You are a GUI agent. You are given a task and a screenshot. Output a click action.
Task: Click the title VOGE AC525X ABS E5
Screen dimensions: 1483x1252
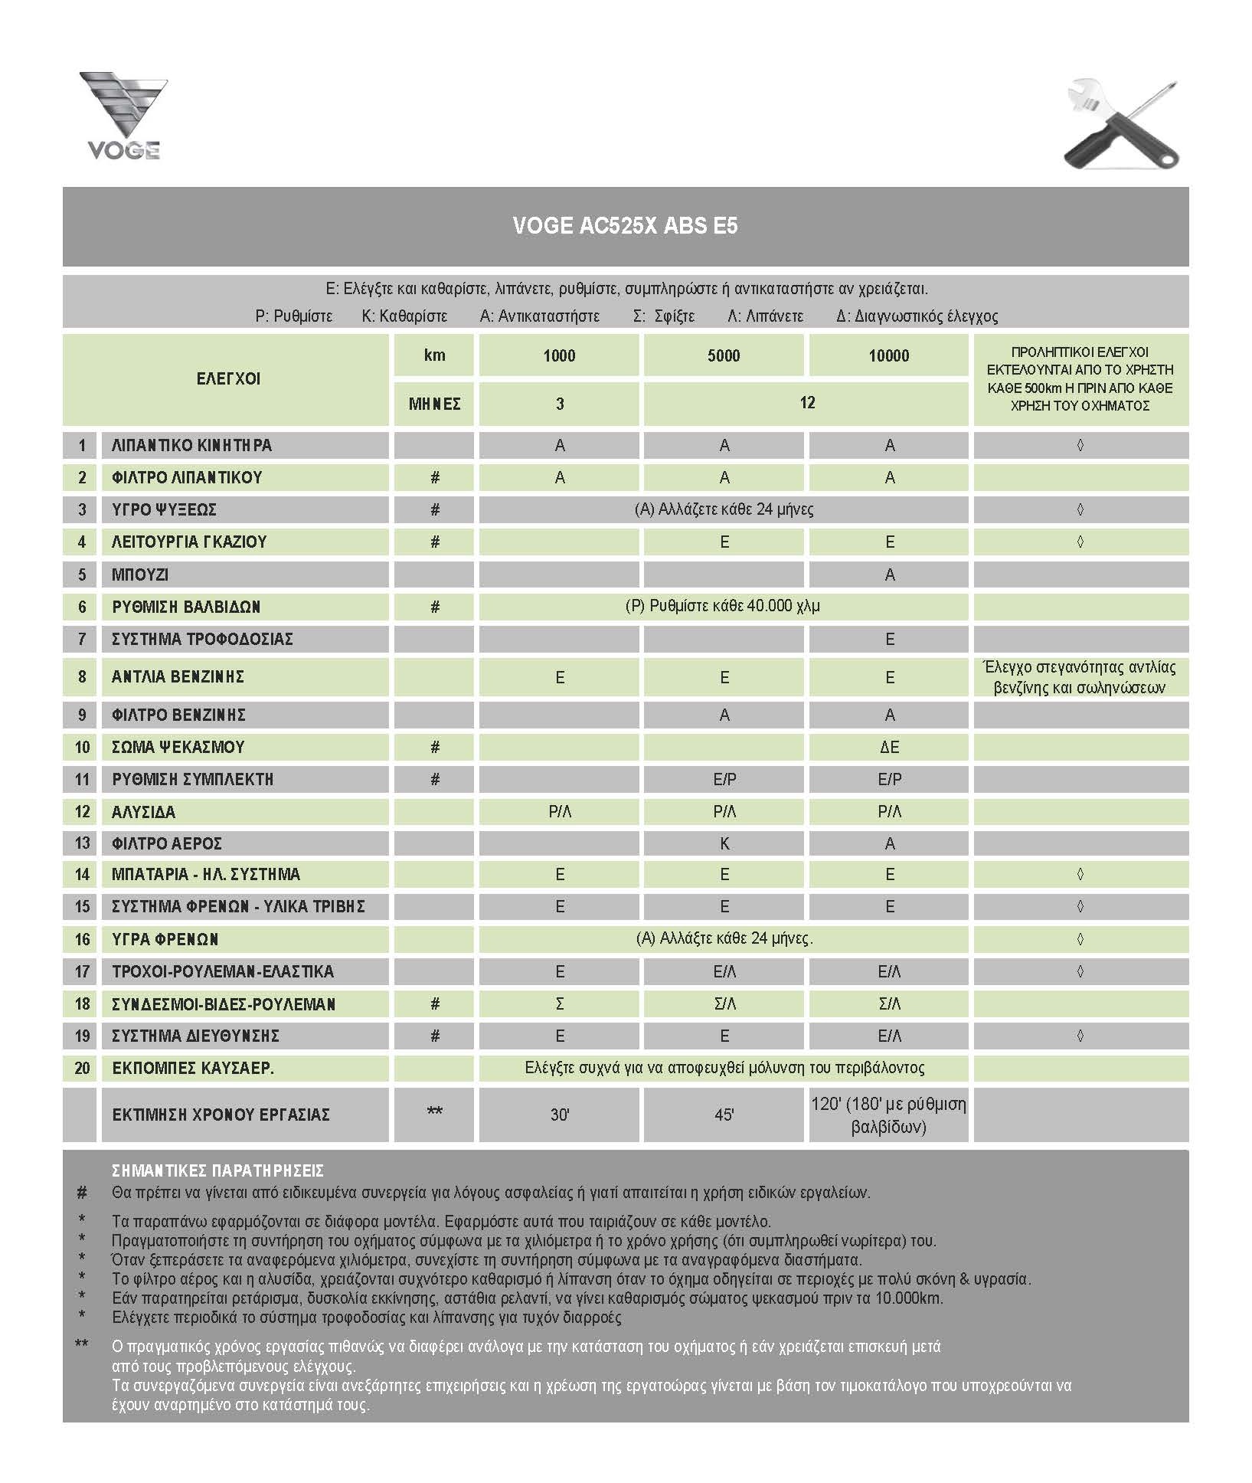pyautogui.click(x=625, y=226)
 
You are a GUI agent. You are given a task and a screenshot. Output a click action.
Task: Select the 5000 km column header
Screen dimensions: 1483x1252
pyautogui.click(x=724, y=355)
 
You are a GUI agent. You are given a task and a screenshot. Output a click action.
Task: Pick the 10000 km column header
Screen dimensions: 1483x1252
pyautogui.click(x=888, y=355)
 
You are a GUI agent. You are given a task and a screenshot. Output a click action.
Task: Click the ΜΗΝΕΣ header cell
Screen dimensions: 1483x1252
pyautogui.click(x=434, y=404)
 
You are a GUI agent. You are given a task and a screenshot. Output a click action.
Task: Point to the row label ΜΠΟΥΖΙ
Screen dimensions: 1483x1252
pyautogui.click(x=140, y=575)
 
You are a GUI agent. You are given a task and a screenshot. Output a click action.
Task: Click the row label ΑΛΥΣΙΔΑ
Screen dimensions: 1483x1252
pyautogui.click(x=143, y=812)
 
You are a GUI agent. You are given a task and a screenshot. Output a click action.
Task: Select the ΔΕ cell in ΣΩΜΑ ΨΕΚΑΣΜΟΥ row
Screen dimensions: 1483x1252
pyautogui.click(x=889, y=748)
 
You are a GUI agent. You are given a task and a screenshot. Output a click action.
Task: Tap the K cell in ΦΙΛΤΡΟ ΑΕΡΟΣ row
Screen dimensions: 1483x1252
pyautogui.click(x=724, y=844)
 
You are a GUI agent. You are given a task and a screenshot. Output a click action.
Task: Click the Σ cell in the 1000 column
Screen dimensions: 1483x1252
pyautogui.click(x=560, y=1004)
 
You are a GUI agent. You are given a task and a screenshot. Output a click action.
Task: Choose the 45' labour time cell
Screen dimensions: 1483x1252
pyautogui.click(x=724, y=1115)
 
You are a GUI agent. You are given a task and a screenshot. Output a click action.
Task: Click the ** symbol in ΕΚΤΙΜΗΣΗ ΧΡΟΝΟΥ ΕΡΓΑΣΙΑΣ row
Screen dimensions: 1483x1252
pyautogui.click(x=434, y=1111)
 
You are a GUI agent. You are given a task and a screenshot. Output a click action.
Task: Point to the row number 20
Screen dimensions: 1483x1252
pyautogui.click(x=82, y=1069)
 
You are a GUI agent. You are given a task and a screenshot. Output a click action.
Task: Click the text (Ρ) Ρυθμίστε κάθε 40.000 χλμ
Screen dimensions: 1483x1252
pyautogui.click(x=723, y=607)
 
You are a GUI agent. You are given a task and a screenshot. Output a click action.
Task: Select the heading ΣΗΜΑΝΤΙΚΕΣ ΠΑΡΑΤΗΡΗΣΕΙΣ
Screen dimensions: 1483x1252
pyautogui.click(x=217, y=1171)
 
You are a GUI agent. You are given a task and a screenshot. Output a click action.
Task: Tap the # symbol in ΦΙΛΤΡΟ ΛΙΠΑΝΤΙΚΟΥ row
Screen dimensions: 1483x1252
pyautogui.click(x=434, y=478)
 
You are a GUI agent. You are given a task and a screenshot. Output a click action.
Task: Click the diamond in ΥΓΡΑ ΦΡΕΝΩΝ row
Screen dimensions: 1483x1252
pyautogui.click(x=1080, y=939)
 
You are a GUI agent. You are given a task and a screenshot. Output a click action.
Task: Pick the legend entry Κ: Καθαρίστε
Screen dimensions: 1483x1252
pyautogui.click(x=404, y=316)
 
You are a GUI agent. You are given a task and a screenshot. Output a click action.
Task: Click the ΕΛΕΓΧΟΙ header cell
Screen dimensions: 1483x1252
pyautogui.click(x=228, y=378)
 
